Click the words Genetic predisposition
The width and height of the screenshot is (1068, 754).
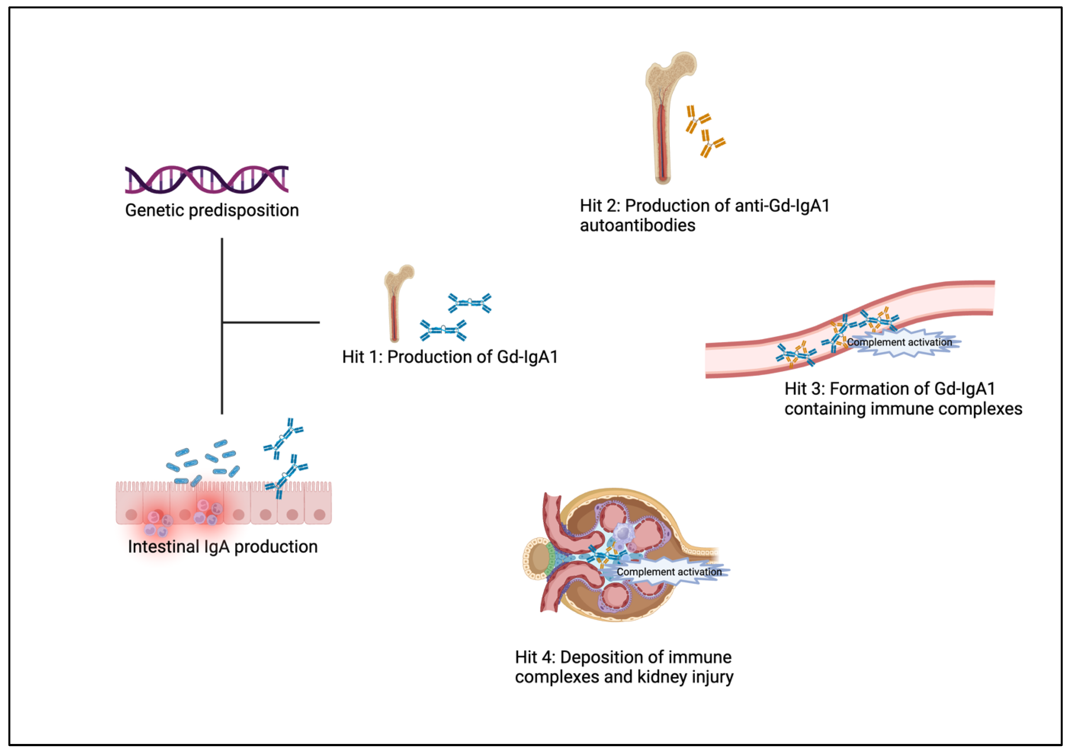[212, 210]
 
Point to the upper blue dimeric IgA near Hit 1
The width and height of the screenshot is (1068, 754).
[470, 303]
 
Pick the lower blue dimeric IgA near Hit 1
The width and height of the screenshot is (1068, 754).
[443, 330]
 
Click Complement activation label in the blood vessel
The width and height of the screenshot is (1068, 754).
[899, 342]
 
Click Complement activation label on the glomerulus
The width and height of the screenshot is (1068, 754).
[669, 572]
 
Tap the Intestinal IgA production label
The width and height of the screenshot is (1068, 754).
[222, 546]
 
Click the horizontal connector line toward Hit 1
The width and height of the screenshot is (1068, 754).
[271, 322]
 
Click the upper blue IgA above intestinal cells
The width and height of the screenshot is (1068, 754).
[283, 438]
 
